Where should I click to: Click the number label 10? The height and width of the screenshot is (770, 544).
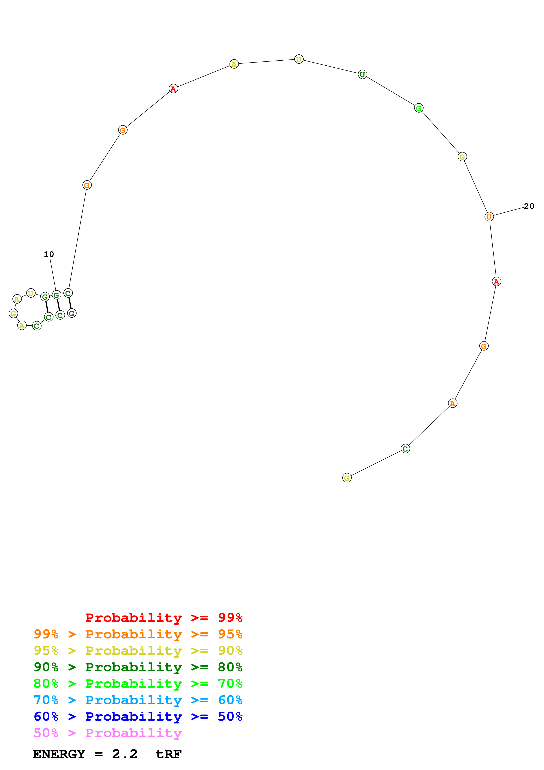(49, 254)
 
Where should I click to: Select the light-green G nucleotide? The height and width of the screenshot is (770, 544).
(419, 108)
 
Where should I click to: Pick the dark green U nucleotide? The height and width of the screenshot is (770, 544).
(362, 74)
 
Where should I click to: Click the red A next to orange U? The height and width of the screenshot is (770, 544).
(496, 281)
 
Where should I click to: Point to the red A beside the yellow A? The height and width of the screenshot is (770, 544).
(173, 89)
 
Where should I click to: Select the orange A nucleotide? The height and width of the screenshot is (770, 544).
(452, 403)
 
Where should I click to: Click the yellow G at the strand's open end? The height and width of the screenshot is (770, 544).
(347, 478)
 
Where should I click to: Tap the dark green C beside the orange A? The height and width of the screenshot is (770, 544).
(405, 448)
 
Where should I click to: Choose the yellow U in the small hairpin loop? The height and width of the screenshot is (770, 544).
(31, 293)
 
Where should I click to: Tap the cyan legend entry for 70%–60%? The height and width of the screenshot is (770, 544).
(138, 700)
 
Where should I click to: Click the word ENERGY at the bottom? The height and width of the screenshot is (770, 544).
(59, 754)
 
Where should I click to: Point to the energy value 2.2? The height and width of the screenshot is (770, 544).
(125, 754)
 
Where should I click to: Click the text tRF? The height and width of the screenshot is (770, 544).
(168, 754)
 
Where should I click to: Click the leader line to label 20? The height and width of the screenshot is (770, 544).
(508, 212)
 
